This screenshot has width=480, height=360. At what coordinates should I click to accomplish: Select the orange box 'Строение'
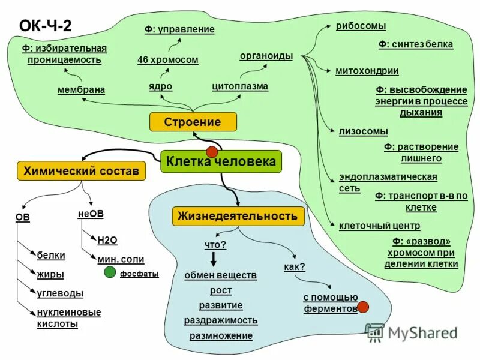193,122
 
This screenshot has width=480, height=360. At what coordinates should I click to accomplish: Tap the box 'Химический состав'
81,171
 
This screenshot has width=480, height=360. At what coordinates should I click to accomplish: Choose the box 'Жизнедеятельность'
238,216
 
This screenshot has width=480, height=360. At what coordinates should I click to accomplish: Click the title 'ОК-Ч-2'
46,25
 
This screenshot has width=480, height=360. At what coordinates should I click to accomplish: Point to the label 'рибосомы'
361,26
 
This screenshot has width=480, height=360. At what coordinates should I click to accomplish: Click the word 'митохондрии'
367,71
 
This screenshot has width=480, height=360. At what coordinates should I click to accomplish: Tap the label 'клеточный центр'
379,226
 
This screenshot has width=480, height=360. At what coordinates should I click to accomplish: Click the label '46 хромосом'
167,60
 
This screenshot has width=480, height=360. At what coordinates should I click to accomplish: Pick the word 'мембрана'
81,90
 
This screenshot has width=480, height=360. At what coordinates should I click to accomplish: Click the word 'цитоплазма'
240,86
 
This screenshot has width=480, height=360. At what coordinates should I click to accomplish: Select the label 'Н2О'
107,240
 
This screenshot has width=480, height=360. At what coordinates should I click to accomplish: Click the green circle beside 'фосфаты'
110,273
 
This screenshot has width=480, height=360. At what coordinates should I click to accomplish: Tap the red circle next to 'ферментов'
363,307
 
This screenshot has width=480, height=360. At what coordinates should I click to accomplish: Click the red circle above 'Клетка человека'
212,151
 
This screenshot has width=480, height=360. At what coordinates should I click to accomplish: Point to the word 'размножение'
221,336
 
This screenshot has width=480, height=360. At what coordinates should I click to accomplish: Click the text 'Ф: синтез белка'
415,44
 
